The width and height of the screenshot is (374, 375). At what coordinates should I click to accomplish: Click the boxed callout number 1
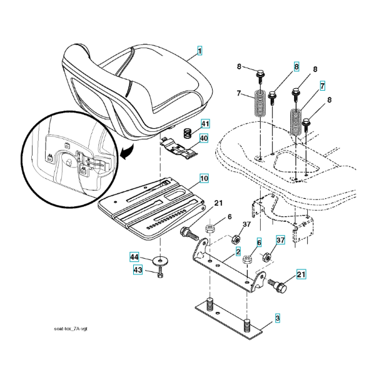pos(200,51)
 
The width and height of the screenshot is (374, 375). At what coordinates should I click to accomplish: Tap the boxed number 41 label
pos(205,124)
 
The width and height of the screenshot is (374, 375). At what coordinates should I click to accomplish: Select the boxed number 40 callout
pos(204,138)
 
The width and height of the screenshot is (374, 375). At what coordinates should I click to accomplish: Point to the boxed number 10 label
pos(205,178)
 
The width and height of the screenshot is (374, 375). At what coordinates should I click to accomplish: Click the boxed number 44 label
pos(134,257)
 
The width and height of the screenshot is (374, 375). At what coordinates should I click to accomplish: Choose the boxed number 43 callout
pos(138,270)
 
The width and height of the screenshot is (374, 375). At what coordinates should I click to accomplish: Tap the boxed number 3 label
pos(277,318)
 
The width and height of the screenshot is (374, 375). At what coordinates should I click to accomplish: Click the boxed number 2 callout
pos(238,252)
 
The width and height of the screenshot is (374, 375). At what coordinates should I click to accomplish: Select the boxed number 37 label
pos(281,239)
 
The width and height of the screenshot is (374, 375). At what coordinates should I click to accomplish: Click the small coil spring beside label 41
pos(188,133)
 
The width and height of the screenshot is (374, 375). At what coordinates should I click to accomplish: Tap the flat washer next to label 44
pos(160,260)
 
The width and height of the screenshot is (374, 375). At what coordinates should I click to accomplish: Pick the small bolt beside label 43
pos(160,272)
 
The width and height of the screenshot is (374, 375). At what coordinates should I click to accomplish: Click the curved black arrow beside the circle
pos(128,152)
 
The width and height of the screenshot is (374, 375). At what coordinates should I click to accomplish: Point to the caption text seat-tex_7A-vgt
pos(71,329)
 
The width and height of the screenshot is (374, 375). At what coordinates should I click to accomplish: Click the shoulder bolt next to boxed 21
pos(278,286)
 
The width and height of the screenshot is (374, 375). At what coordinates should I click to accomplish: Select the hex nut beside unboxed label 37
pos(235,239)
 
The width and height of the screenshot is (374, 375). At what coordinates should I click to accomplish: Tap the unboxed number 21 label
pos(218,203)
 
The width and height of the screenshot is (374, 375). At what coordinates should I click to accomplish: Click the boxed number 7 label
pos(322,86)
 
